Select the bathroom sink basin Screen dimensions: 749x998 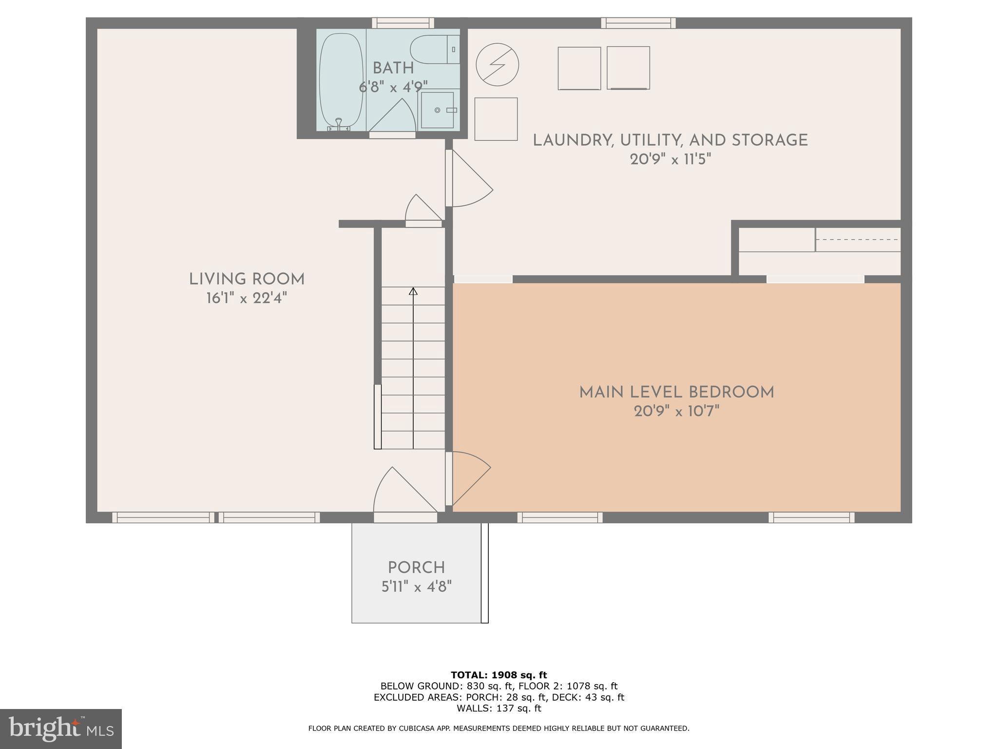click(x=437, y=110)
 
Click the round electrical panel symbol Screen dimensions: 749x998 click(x=497, y=65)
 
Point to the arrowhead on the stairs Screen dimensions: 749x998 click(x=413, y=292)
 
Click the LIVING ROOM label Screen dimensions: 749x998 click(x=247, y=279)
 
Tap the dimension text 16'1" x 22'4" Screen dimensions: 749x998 click(x=247, y=298)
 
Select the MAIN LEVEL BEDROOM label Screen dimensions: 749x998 click(x=676, y=393)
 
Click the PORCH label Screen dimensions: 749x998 click(x=416, y=568)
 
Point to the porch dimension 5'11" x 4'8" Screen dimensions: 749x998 click(x=416, y=586)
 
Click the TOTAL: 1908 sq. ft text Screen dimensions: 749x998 click(x=499, y=675)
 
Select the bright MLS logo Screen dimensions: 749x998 click(x=60, y=729)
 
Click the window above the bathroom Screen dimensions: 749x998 click(x=403, y=23)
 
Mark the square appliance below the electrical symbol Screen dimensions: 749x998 click(x=496, y=119)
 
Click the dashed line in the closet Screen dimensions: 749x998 click(x=858, y=240)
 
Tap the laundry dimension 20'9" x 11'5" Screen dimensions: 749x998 click(x=671, y=159)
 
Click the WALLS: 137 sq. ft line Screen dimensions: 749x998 click(x=499, y=709)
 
